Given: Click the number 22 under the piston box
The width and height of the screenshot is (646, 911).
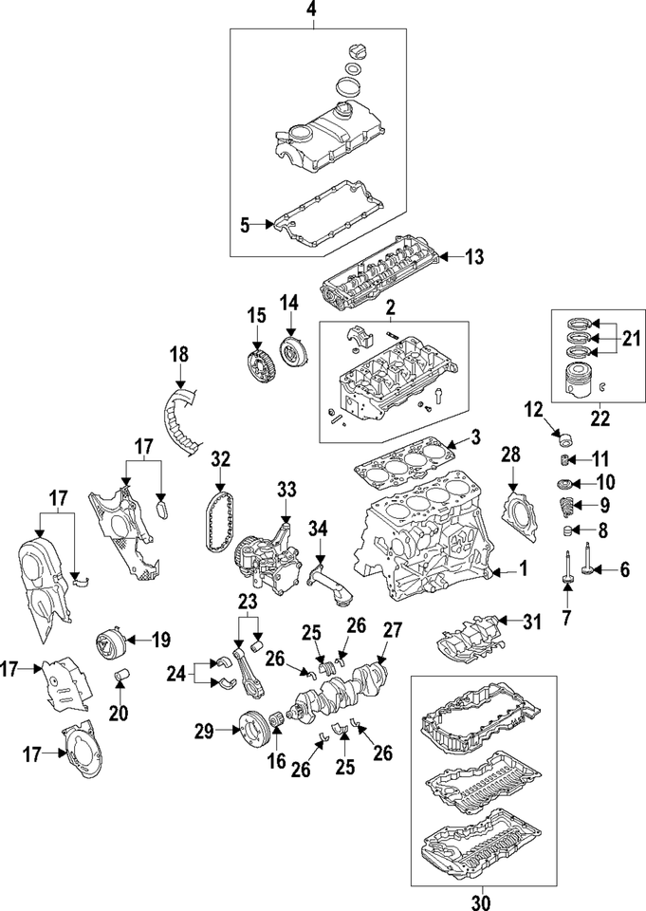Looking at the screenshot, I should click(600, 415).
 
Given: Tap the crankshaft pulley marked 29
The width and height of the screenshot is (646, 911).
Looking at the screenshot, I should click(252, 730).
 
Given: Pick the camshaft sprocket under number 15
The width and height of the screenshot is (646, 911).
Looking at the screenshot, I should click(256, 365).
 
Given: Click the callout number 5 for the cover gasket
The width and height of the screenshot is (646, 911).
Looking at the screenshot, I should click(244, 225).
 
